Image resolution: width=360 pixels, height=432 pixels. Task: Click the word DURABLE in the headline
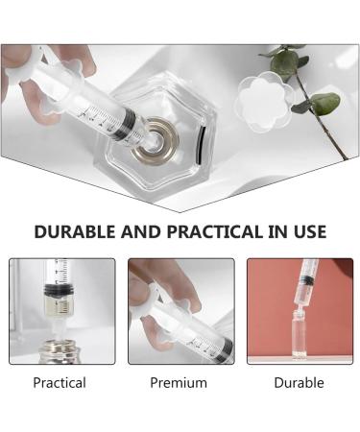pos(74,231)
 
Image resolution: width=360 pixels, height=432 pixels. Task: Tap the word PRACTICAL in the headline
pos(215,231)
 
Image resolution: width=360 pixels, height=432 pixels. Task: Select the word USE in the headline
pos(310,231)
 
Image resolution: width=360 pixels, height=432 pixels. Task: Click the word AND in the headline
pos(141,231)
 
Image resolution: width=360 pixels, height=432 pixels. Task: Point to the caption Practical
pos(60,383)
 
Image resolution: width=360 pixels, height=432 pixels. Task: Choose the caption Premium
pos(179,383)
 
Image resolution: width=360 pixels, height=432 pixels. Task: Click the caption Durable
pos(299,383)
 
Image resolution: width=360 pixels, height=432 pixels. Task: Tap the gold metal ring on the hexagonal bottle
pos(156,141)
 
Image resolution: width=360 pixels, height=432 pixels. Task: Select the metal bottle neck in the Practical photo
pos(59,352)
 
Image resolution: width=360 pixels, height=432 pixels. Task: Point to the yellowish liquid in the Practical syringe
pos(60,304)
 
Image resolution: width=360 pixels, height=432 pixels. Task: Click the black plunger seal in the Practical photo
pos(60,289)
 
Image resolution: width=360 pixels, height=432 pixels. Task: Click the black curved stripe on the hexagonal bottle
pos(203,145)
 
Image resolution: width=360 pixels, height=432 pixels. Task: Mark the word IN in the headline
pos(277,231)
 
